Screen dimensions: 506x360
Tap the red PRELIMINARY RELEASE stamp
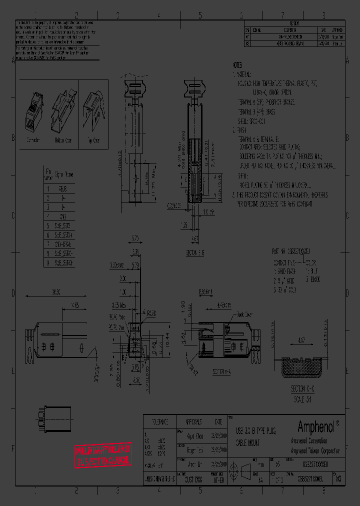(103, 454)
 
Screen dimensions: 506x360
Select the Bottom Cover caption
(63, 141)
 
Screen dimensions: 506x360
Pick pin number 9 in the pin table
(48, 262)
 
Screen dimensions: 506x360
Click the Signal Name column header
(64, 174)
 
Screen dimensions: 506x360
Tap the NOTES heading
(237, 65)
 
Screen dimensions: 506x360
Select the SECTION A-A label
(221, 372)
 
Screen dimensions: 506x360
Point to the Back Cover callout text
(245, 314)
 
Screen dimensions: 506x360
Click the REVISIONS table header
(294, 23)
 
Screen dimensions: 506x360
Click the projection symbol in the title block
(245, 471)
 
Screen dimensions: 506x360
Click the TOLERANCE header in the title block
(159, 420)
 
